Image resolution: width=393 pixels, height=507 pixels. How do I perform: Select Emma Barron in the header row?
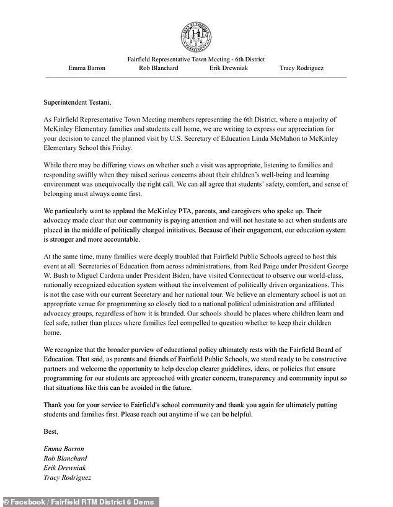pos(87,68)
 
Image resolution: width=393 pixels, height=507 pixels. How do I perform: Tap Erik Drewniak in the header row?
pos(229,68)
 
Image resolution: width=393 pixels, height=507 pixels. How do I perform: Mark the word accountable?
pos(166,240)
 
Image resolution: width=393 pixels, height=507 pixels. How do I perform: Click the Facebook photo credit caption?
pos(81,501)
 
